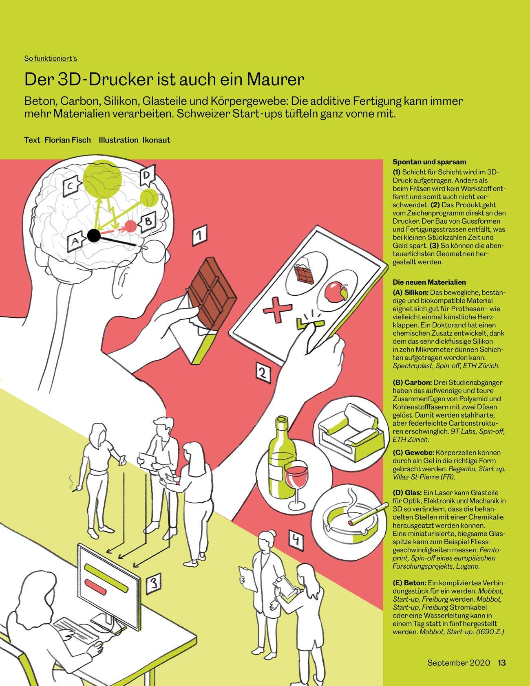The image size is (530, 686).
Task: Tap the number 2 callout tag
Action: pos(263,372)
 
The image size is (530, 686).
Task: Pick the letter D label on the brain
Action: pos(146,176)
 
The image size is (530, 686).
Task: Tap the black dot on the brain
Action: pos(94,235)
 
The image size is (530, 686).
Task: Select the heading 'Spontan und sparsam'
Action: pos(429,162)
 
